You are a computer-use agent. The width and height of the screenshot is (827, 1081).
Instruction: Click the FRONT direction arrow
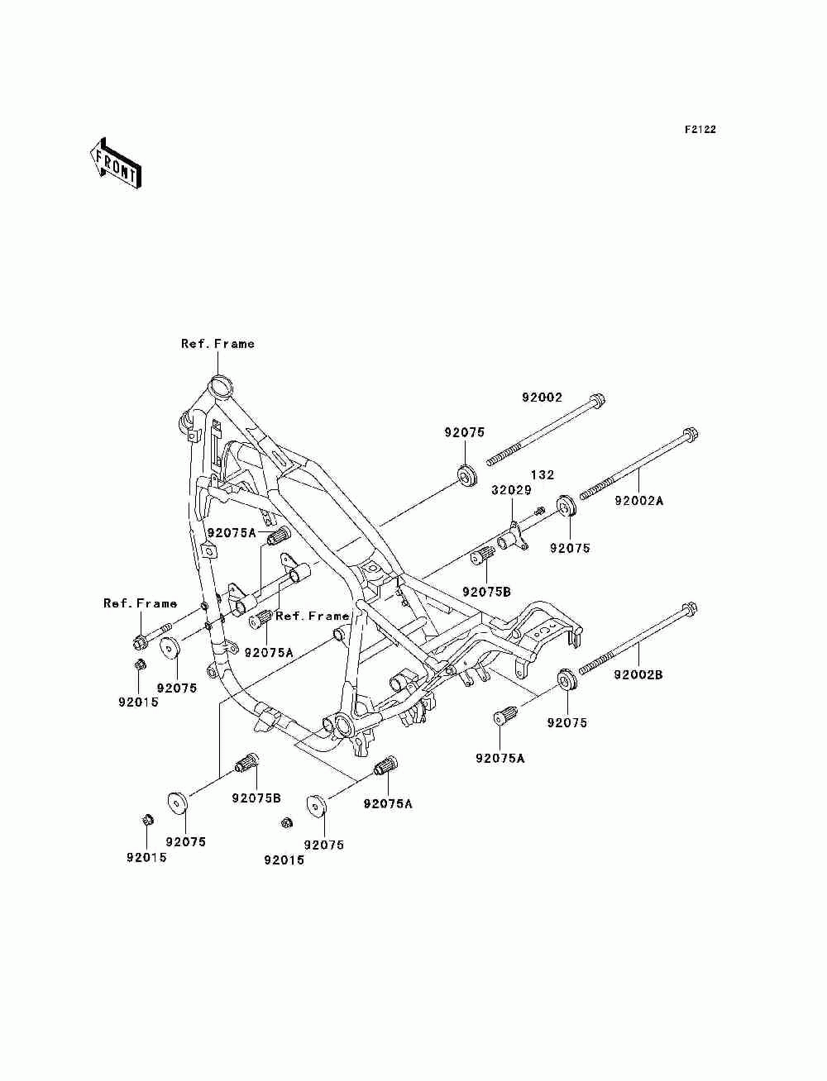(115, 164)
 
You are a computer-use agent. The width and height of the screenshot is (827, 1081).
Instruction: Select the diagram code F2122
(700, 130)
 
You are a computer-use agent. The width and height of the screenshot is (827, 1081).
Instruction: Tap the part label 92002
(543, 397)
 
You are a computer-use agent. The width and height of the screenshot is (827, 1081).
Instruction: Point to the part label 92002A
(638, 501)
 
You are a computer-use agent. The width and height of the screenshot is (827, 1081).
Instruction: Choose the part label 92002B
(638, 674)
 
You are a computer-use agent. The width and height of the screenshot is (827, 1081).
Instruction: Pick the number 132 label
(543, 474)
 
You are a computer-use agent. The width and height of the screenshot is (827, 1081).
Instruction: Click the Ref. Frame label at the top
(218, 344)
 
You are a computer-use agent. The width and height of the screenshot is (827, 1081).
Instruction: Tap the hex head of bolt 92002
(597, 399)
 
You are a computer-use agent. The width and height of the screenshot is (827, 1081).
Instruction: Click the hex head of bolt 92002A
(691, 435)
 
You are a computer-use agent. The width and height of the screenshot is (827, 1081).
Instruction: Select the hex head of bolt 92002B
(690, 610)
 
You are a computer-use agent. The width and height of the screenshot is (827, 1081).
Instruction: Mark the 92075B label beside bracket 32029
(486, 592)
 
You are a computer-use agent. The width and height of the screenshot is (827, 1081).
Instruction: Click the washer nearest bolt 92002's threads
(468, 475)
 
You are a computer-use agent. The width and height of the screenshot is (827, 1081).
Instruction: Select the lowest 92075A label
(388, 804)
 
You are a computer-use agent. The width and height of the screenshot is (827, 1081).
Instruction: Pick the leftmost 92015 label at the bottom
(146, 857)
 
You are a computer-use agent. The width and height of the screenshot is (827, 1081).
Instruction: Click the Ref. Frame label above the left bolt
(140, 603)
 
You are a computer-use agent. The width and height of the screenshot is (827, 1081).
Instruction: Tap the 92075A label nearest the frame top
(232, 533)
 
